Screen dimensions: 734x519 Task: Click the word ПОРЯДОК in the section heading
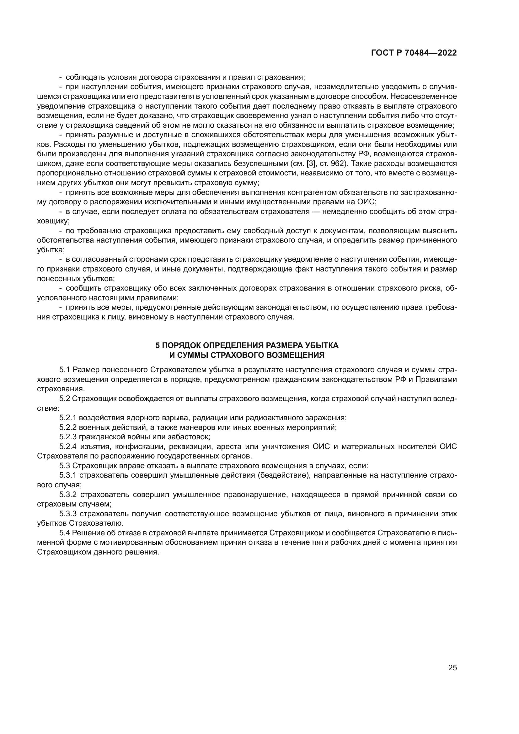[x=181, y=345]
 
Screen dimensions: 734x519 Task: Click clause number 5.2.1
[x=68, y=418]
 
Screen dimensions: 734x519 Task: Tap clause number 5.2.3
[x=68, y=437]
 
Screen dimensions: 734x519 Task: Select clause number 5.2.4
[x=68, y=447]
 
